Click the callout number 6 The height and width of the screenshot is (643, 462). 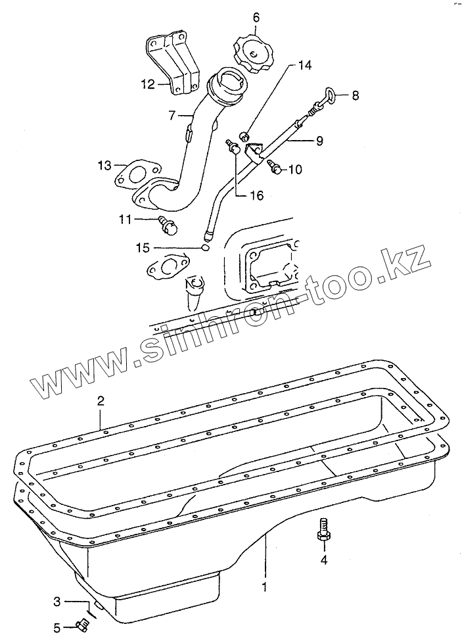[x=256, y=16]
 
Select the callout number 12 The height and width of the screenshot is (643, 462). [x=147, y=83]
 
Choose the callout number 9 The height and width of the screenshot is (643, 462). [x=319, y=140]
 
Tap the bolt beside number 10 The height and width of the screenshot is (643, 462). [x=277, y=169]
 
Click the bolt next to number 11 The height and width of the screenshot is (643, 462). [x=169, y=227]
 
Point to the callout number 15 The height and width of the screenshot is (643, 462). [x=143, y=248]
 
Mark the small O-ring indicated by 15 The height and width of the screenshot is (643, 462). [x=205, y=247]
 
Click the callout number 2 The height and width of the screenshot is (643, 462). [x=101, y=400]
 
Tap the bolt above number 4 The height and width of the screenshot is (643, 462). [x=323, y=530]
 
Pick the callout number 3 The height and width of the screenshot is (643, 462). [x=57, y=602]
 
